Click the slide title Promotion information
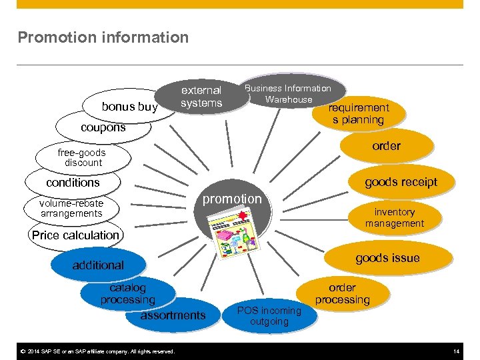click(103, 37)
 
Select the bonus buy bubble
click(129, 107)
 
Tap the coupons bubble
click(103, 127)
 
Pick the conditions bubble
click(73, 182)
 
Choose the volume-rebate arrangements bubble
click(71, 208)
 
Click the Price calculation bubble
click(75, 235)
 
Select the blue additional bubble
click(98, 265)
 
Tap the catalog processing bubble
click(127, 293)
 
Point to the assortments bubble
click(173, 315)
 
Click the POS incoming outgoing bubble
click(269, 316)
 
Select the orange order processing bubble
click(342, 294)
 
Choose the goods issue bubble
click(387, 258)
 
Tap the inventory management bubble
click(394, 217)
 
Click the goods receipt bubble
click(401, 182)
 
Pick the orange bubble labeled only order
click(386, 146)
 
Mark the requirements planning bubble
click(360, 113)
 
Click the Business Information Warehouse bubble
click(288, 93)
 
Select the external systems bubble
click(201, 97)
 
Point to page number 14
click(456, 351)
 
